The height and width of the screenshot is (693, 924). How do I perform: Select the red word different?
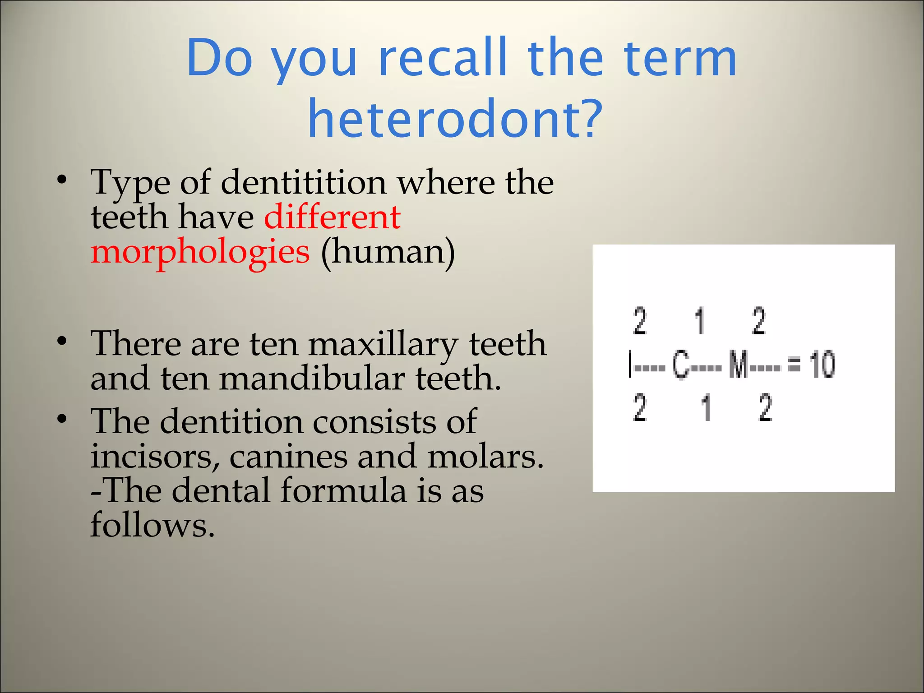[x=332, y=217]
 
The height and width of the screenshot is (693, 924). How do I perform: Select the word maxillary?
[x=383, y=344]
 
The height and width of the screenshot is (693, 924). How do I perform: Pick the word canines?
[x=288, y=457]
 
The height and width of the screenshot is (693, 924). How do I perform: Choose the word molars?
[x=485, y=457]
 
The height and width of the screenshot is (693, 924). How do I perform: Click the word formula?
[x=343, y=491]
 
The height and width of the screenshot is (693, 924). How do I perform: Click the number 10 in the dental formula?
[x=822, y=365]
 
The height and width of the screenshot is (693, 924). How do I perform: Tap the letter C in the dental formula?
[x=681, y=365]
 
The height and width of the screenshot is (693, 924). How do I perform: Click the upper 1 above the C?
[x=700, y=321]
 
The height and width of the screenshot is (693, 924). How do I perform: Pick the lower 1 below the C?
[x=706, y=407]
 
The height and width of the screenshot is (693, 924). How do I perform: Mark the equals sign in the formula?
[x=794, y=365]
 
